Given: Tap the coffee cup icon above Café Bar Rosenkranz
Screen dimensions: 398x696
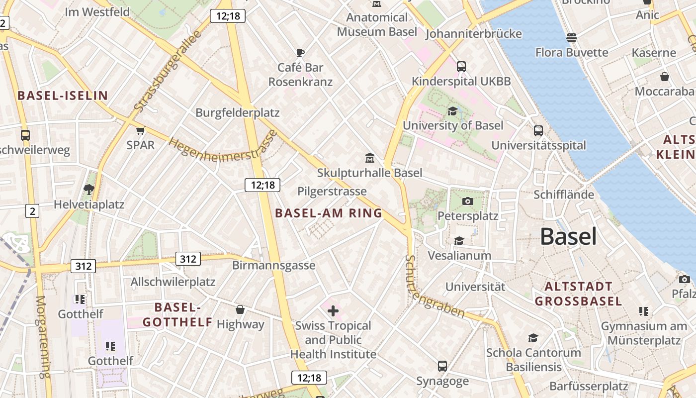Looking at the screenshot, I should (x=300, y=52).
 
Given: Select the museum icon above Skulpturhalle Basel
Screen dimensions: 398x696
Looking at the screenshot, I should (x=369, y=158).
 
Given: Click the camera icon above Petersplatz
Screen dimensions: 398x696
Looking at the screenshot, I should (x=467, y=201).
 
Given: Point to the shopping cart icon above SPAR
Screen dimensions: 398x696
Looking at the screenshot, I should (x=140, y=130).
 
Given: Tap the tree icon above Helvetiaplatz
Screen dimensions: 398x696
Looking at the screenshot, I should (x=89, y=189).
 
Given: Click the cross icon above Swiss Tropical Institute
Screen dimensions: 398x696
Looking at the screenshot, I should (x=333, y=311).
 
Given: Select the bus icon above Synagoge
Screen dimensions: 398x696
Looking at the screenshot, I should (x=442, y=366).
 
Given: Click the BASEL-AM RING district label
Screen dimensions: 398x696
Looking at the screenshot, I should (x=329, y=213).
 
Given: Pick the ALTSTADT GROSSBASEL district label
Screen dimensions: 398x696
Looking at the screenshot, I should (x=578, y=294).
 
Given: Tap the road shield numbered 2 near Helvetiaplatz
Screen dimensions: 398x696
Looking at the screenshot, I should (x=32, y=211).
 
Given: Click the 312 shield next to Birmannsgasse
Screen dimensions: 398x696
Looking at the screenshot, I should (x=188, y=259).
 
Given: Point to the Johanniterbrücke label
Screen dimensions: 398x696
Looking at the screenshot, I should (x=473, y=34).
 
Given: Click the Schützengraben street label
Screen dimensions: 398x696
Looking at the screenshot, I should (x=434, y=289).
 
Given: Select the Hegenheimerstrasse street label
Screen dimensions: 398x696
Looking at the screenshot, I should (x=223, y=148).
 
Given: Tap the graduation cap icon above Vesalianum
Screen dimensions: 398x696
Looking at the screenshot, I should (x=459, y=241).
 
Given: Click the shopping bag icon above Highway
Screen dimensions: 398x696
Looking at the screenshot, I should (x=240, y=309).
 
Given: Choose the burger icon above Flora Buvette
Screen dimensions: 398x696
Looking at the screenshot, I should (x=571, y=38).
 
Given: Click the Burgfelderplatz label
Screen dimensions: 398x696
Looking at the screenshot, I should (x=237, y=112).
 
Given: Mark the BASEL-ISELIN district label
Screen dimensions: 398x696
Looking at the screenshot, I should (x=63, y=96).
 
